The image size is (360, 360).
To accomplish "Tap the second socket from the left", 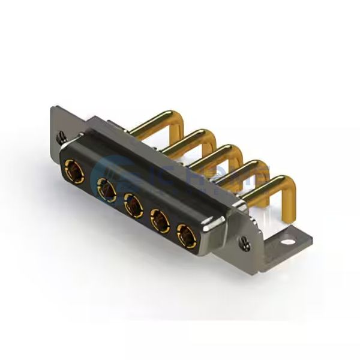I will pos(107,191).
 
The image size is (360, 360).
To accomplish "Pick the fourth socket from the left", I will pos(159,220).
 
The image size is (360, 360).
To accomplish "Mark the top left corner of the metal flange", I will pos(53,108).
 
